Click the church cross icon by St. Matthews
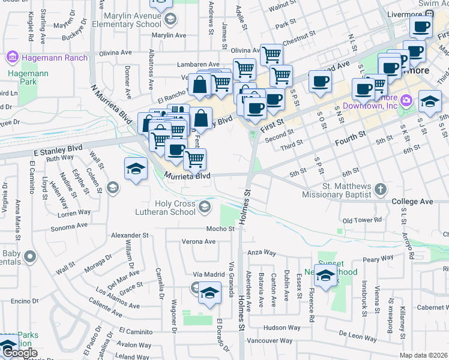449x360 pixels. [380, 190]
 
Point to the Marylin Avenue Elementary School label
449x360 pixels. [133, 19]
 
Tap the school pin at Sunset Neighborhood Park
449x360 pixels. [326, 277]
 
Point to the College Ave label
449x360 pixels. [412, 202]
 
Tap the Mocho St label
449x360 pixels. [220, 229]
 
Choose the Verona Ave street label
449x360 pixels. [198, 242]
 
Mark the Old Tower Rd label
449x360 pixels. [362, 220]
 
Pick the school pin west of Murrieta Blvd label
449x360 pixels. [136, 169]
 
